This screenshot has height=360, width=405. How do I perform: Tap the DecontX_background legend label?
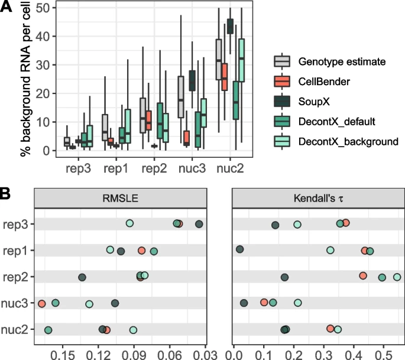pyautogui.click(x=347, y=141)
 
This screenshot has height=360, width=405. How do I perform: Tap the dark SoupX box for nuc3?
pyautogui.click(x=192, y=80)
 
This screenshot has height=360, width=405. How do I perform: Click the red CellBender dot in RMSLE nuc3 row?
pyautogui.click(x=42, y=303)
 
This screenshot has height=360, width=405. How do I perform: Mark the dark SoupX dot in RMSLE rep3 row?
pyautogui.click(x=199, y=224)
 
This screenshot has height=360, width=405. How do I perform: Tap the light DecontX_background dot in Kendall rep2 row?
pyautogui.click(x=397, y=277)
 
